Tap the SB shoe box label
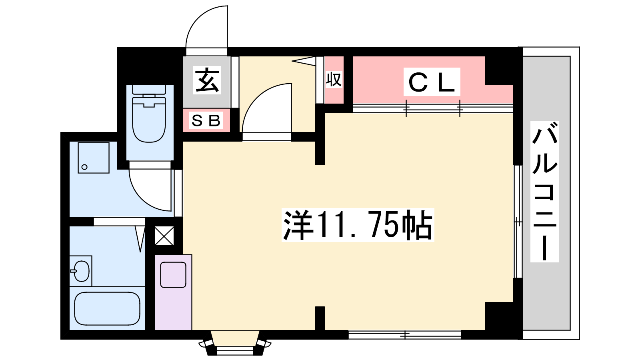206,120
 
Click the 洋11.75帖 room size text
358,225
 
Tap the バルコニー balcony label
544,192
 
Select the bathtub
107,308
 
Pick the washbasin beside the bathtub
81,271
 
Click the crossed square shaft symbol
164,236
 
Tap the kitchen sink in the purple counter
173,275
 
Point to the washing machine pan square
94,158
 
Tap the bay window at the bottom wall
235,343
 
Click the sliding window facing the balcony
518,222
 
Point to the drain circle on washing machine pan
84,167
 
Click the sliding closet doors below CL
433,108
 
